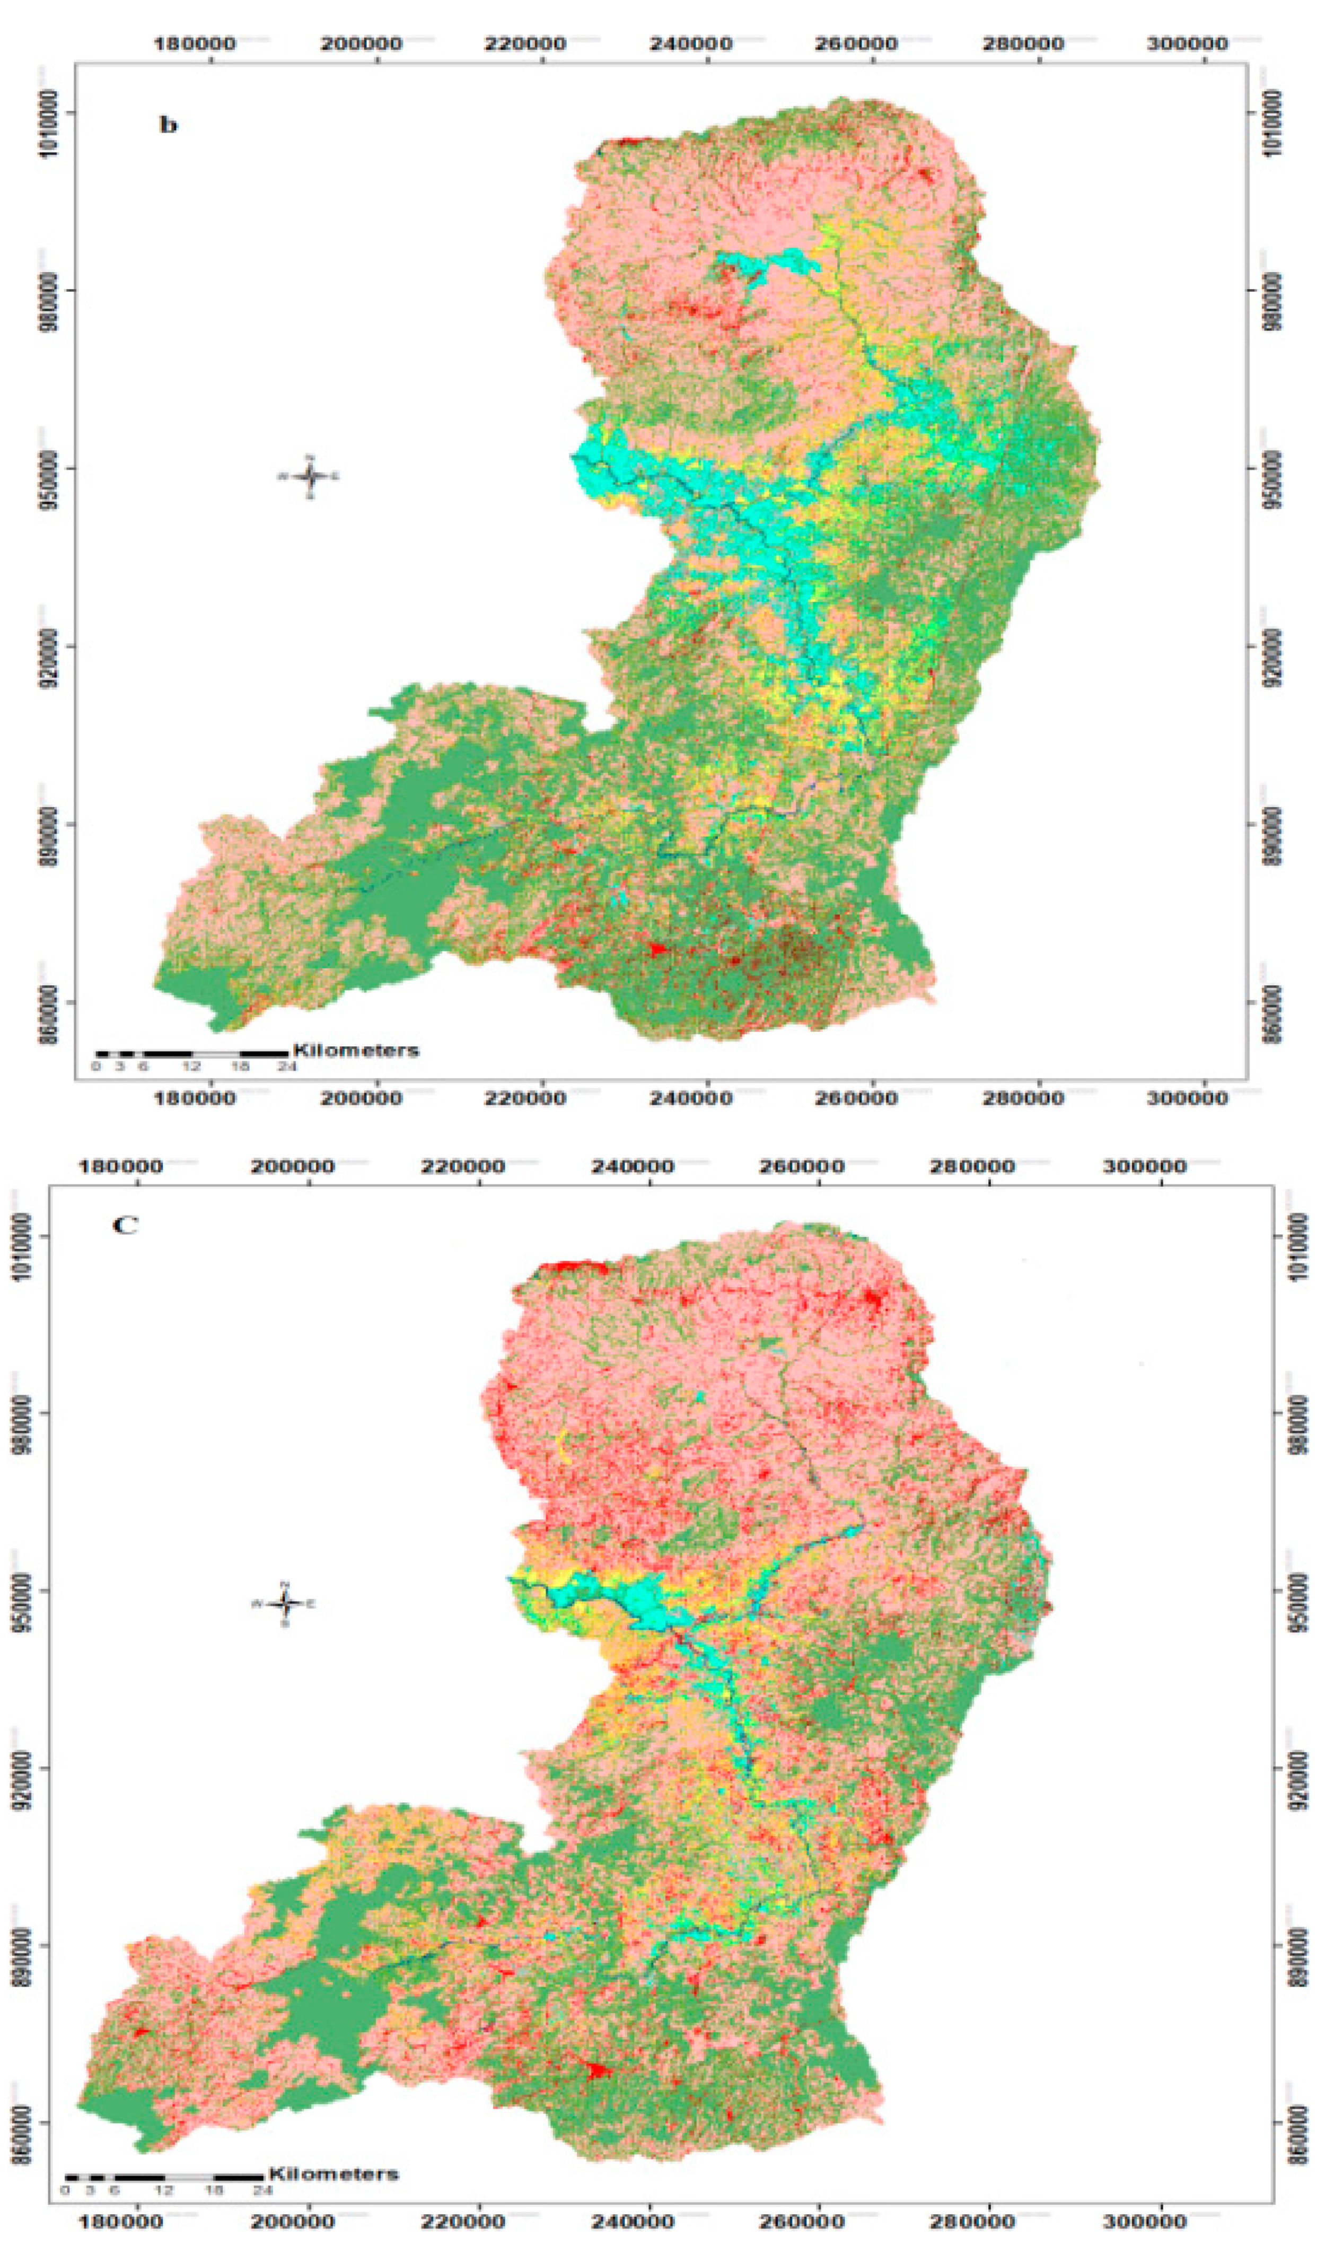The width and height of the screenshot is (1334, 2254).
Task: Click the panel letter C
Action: point(125,1226)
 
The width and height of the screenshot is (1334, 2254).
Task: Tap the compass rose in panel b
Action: point(309,476)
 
